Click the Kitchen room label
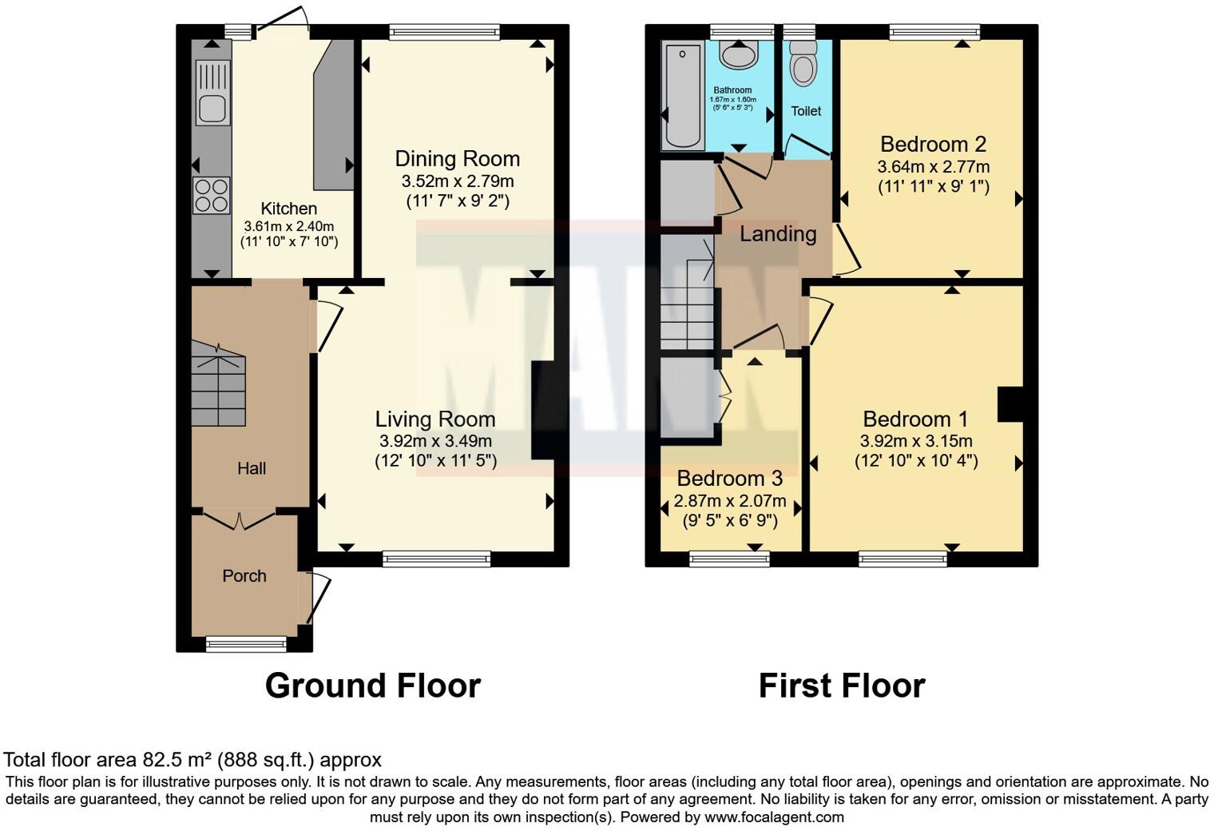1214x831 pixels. pyautogui.click(x=288, y=209)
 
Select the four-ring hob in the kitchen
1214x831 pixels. pyautogui.click(x=212, y=195)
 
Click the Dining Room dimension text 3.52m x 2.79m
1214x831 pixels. pyautogui.click(x=458, y=181)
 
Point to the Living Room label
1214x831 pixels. pyautogui.click(x=435, y=419)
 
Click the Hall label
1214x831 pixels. pyautogui.click(x=251, y=468)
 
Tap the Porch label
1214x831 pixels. pyautogui.click(x=244, y=575)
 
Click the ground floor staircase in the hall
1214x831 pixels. pyautogui.click(x=218, y=384)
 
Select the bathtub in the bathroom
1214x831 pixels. pyautogui.click(x=683, y=96)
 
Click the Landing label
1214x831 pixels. pyautogui.click(x=778, y=233)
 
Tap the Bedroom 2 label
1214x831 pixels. pyautogui.click(x=933, y=144)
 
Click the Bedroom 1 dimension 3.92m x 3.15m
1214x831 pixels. pyautogui.click(x=916, y=440)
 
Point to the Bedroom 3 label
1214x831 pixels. pyautogui.click(x=729, y=478)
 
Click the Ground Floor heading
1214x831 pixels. pyautogui.click(x=372, y=686)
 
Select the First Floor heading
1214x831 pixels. pyautogui.click(x=841, y=686)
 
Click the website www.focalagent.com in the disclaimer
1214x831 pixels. pyautogui.click(x=774, y=817)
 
